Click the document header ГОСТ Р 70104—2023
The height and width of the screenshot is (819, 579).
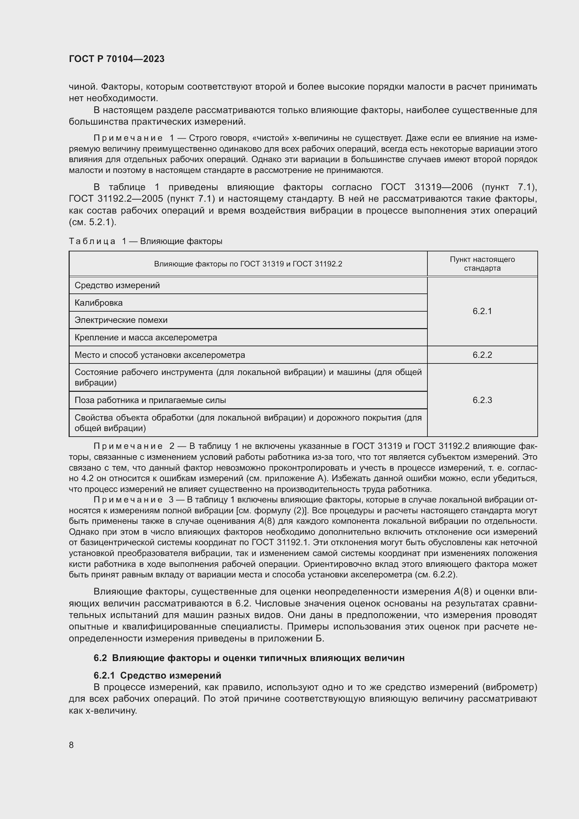coord(117,59)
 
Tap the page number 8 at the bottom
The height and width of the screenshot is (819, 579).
coord(71,745)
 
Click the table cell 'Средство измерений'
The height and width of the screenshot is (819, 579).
coord(117,285)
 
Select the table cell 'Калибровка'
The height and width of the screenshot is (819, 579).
coord(98,303)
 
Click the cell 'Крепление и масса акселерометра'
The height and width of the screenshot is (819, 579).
coord(146,338)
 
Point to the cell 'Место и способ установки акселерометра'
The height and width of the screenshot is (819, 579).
coord(160,355)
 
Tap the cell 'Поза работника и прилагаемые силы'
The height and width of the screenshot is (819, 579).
coord(150,400)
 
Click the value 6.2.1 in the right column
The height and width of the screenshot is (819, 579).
coord(482,311)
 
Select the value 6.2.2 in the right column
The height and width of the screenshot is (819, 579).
coord(482,355)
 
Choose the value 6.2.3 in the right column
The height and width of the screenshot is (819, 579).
coord(482,400)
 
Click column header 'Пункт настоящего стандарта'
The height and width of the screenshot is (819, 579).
coord(482,264)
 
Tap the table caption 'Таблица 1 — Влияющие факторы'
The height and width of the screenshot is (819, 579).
coord(146,242)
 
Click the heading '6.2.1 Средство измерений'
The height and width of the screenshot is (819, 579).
coord(157,675)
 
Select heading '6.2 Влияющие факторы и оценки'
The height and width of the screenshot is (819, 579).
coord(249,658)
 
